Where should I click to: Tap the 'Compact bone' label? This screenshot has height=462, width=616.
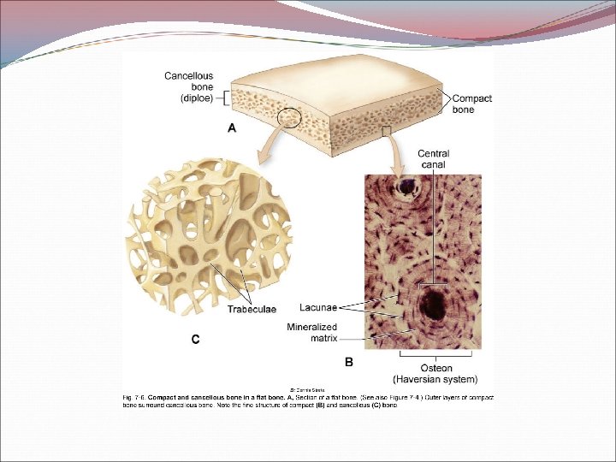(x=471, y=104)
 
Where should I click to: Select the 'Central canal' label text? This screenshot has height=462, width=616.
(x=433, y=158)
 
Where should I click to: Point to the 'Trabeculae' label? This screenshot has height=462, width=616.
(x=252, y=309)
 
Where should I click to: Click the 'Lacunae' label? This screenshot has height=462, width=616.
(x=318, y=306)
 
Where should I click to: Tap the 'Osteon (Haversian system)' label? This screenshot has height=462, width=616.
(x=435, y=373)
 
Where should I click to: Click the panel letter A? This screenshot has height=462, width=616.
(x=230, y=128)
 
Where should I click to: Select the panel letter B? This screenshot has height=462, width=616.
(x=348, y=362)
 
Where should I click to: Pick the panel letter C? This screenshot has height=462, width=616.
(x=196, y=340)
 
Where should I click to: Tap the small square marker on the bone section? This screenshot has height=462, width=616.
(x=387, y=130)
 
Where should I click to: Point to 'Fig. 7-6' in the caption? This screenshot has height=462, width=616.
(x=132, y=397)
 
